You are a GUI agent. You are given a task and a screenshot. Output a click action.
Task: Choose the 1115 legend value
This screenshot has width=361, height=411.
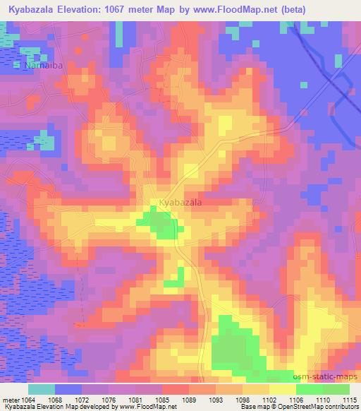click(348, 400)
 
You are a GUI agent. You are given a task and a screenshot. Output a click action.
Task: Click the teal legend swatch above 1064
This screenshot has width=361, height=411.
click(42, 389)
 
